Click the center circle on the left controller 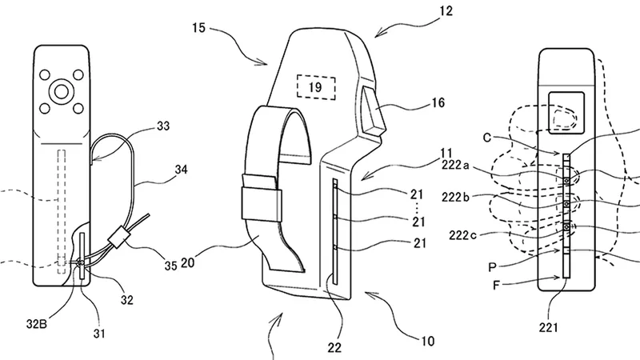click(x=60, y=92)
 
